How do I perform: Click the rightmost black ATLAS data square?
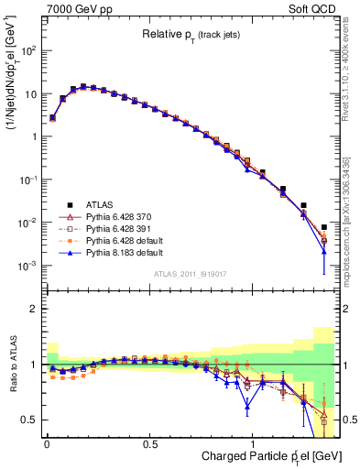(324, 227)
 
